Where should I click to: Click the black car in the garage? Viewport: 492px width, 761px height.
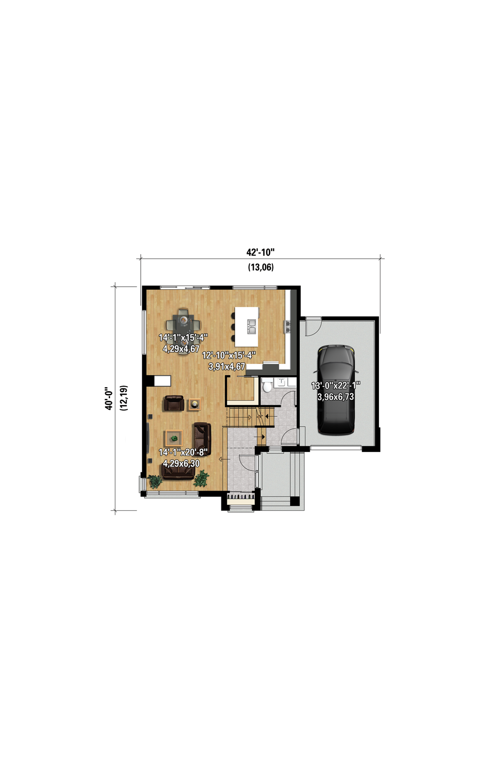point(336,390)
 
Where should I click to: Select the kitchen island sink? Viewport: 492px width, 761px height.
point(251,326)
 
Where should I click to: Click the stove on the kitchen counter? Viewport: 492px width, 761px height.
point(287,326)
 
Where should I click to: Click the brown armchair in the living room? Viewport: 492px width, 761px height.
point(174,403)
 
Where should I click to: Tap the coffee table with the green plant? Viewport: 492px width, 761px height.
point(174,439)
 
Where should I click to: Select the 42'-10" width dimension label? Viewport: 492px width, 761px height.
point(261,252)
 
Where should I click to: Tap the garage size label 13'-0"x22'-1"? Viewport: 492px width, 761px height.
point(336,385)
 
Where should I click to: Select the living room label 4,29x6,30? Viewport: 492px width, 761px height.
point(181,463)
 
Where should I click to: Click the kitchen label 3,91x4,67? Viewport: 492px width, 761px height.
point(226,367)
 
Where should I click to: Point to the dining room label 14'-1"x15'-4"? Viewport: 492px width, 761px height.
point(183,337)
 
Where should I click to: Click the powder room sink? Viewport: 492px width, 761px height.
point(282,382)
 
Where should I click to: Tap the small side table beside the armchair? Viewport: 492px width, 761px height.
point(195,404)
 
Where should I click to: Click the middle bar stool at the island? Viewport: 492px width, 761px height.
point(233,327)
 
